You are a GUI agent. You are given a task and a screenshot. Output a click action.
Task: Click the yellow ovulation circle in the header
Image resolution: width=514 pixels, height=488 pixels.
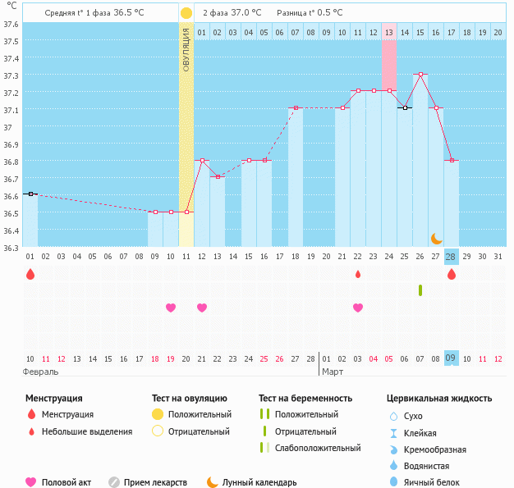(186, 13)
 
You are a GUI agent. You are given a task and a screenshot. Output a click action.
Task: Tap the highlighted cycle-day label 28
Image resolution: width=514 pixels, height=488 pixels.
(451, 257)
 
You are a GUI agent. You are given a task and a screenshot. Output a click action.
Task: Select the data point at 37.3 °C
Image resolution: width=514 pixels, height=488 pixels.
(420, 75)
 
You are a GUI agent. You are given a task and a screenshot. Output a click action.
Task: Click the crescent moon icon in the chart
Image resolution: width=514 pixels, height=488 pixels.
(437, 238)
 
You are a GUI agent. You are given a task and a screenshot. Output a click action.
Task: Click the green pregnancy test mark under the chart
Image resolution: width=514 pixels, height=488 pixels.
(420, 290)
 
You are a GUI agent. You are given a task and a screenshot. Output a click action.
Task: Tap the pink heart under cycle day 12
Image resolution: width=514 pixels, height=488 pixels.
(202, 308)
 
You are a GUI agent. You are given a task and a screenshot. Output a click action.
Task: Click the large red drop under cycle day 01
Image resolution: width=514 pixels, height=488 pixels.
(30, 275)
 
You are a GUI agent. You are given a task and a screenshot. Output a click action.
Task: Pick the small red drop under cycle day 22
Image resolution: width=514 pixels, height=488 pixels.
(357, 274)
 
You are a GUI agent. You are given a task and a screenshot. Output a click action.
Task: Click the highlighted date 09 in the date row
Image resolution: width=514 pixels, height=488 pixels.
(451, 358)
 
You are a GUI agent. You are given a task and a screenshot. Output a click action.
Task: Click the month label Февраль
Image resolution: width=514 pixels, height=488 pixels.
(41, 372)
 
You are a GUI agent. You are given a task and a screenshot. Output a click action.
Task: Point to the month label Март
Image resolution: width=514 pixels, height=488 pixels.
(333, 372)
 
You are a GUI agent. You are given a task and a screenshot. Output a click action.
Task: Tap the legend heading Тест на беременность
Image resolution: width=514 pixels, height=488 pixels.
(305, 398)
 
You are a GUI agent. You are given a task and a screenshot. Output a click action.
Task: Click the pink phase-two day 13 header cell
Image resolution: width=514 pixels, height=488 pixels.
(389, 32)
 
